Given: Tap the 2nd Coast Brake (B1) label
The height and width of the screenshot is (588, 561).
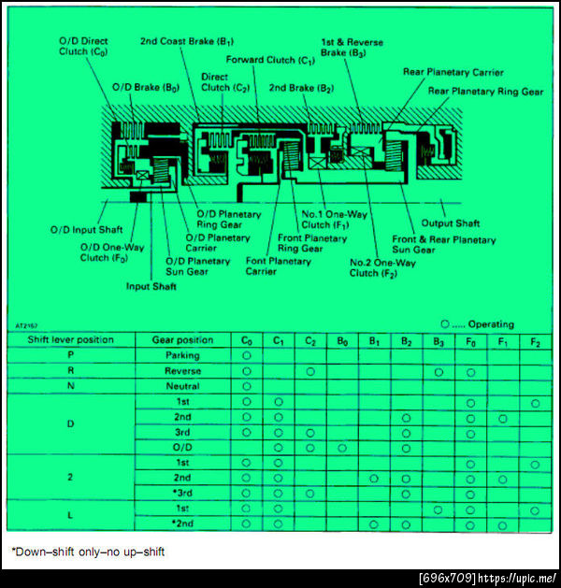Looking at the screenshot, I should (187, 42).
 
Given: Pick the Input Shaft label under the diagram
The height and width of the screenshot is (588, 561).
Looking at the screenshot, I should (151, 287).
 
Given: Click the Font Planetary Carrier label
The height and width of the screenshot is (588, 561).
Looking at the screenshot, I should (278, 265).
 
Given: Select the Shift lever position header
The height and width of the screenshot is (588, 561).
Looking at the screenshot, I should (70, 340).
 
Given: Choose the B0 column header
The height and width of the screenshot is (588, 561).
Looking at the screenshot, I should (342, 340).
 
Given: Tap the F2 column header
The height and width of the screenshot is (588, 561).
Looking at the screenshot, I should (534, 340).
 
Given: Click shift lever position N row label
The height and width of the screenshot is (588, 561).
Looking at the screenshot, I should (70, 386).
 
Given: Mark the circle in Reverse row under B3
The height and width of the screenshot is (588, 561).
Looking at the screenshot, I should (438, 371).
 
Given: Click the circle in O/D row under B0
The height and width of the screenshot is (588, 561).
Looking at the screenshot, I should (342, 448).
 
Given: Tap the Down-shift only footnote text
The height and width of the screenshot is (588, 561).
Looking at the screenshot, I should (88, 552).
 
